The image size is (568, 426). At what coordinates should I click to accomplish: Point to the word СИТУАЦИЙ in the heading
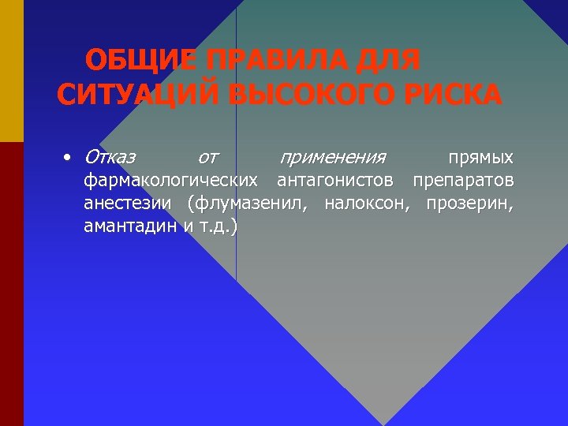[137, 94]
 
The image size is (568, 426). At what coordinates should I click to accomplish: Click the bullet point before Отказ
[69, 156]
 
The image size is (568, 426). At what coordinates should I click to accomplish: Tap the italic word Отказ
[110, 156]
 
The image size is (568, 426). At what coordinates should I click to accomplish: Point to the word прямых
[480, 156]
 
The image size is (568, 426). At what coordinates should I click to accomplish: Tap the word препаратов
[463, 181]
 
